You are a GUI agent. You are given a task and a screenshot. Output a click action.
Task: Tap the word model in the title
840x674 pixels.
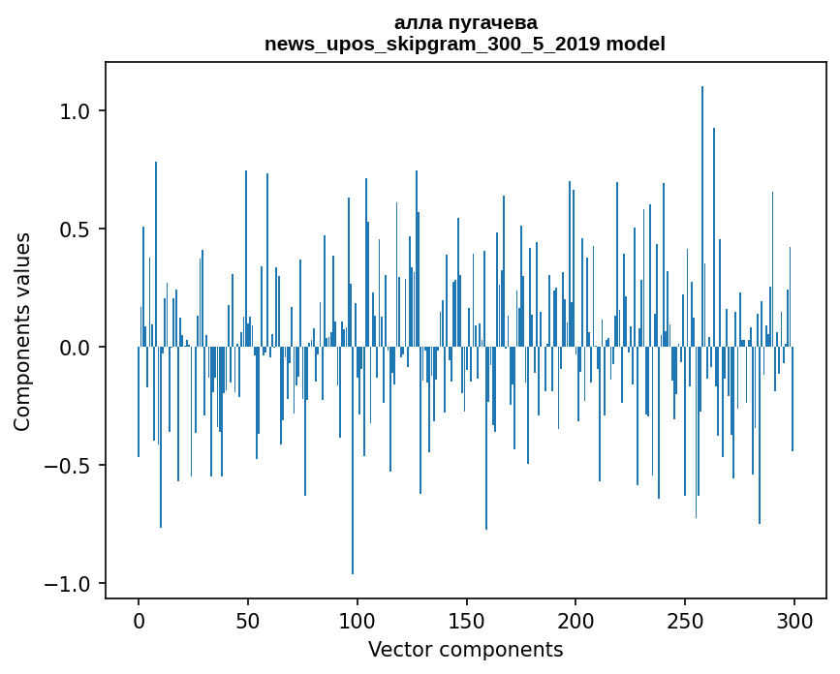tap(636, 44)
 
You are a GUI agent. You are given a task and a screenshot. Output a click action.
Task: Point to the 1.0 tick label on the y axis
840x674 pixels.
tap(76, 111)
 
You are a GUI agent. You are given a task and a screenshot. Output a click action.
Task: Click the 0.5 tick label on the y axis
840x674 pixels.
tap(76, 230)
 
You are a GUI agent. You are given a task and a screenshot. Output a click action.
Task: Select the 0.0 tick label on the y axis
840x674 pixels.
tap(76, 348)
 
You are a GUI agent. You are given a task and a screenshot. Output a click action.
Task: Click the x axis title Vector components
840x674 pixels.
tap(465, 649)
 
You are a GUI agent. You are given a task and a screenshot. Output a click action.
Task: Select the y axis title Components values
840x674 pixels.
tap(22, 330)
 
